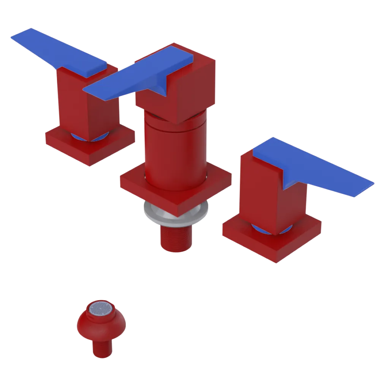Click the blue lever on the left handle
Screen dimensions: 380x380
(57, 51)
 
